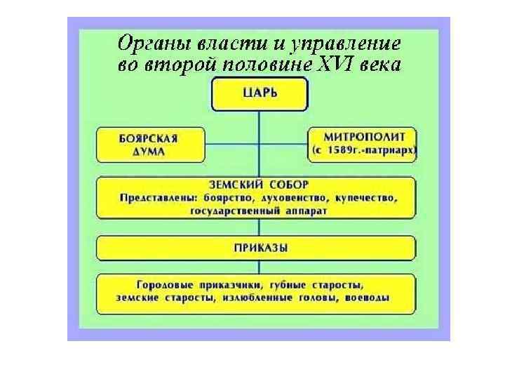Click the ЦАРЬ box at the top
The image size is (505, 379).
(x=259, y=94)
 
